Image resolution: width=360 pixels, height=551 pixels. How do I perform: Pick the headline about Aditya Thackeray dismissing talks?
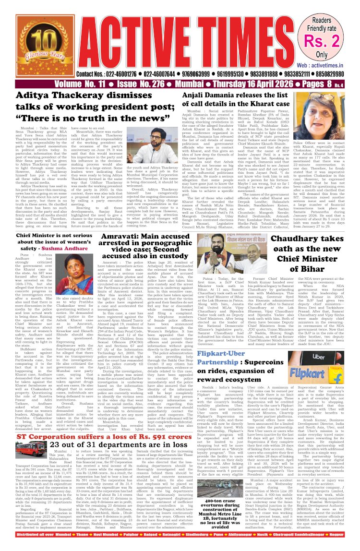point(90,109)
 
